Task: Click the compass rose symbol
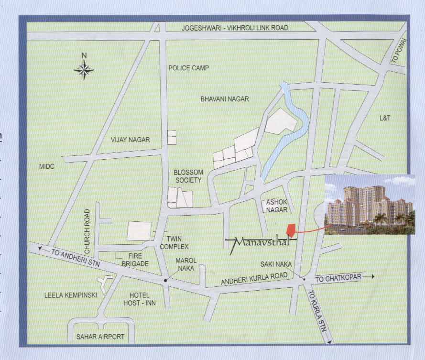point(84,70)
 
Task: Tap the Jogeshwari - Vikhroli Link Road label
point(235,28)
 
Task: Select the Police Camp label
point(189,68)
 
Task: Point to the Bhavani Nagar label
point(225,99)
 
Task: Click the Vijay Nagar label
point(130,140)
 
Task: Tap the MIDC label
point(47,166)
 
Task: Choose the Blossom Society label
point(188,176)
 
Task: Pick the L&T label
point(385,118)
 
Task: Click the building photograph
point(370,205)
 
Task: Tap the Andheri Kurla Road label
point(253,280)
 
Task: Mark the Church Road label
point(87,231)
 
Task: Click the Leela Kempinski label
point(70,295)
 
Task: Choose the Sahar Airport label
point(100,337)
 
